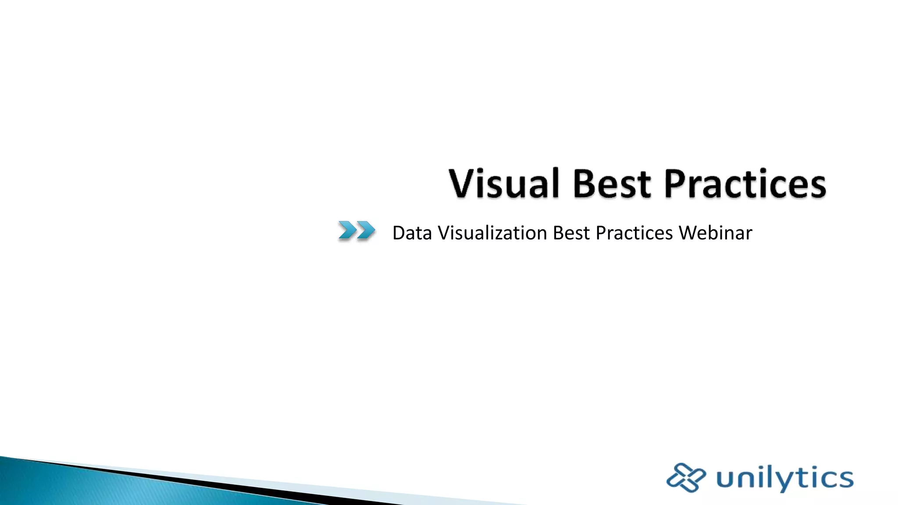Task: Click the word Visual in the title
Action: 504,183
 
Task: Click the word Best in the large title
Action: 612,183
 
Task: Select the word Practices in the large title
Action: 745,183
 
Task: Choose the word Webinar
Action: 715,233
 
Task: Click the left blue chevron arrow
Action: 347,230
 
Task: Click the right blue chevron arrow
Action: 366,230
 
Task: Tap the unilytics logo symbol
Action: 686,477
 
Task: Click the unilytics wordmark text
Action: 785,478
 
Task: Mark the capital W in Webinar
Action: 688,233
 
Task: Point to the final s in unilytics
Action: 845,478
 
